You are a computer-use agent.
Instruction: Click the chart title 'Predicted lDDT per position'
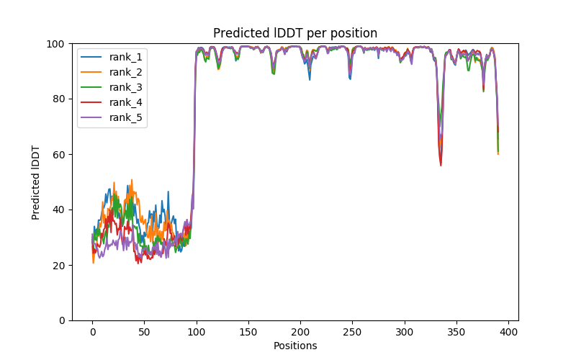(x=294, y=33)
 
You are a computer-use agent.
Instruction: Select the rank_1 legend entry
(x=125, y=56)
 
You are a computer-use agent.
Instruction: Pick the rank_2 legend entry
(x=125, y=71)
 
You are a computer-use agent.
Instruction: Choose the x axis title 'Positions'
(x=295, y=346)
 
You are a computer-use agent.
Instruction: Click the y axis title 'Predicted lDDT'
(x=36, y=182)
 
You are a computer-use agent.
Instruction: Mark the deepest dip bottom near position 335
(x=441, y=165)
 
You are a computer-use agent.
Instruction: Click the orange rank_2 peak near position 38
(x=132, y=180)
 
